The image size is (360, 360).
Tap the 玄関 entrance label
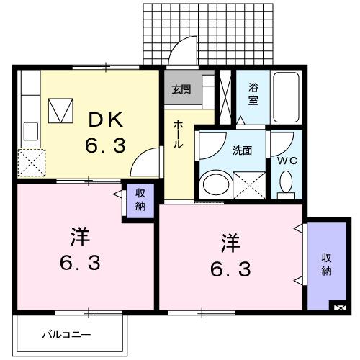tap(181, 90)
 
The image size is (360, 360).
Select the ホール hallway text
tap(177, 134)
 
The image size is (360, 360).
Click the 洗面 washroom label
tap(242, 151)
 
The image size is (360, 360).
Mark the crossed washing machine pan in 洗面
tap(249, 185)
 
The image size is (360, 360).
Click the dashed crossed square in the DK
tap(31, 162)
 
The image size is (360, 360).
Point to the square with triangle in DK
tap(61, 110)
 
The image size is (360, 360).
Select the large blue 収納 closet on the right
tap(326, 264)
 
